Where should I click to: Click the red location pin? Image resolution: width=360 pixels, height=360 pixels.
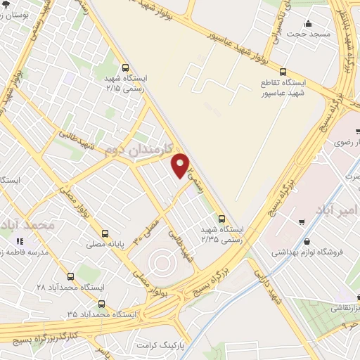(181, 166)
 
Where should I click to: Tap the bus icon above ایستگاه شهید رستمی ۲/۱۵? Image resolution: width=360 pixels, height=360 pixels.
(125, 68)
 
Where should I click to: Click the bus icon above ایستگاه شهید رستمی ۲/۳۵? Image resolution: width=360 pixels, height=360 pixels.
(221, 219)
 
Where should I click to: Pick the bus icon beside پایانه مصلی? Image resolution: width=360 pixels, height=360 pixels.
(105, 233)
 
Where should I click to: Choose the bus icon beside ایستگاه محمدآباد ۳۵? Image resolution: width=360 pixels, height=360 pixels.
(103, 304)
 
